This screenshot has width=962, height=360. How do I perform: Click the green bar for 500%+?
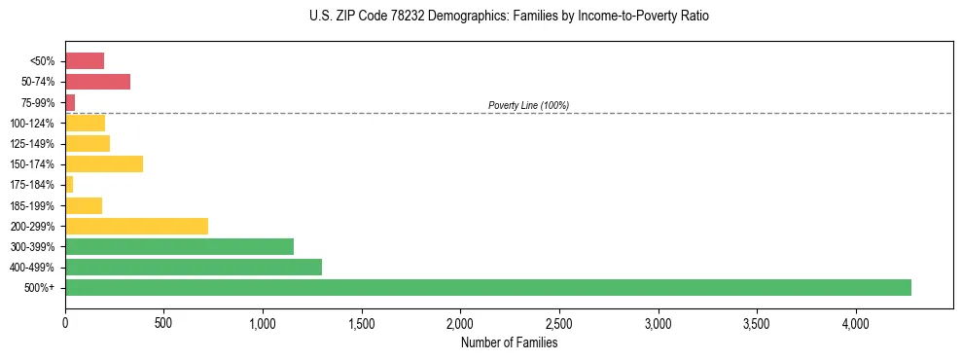pos(487,287)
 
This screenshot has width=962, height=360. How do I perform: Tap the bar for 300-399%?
pos(179,246)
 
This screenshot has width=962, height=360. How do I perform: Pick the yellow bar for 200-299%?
pos(136,226)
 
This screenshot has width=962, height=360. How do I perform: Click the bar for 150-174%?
pos(104,163)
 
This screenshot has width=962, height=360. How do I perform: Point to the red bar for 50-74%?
pos(97,82)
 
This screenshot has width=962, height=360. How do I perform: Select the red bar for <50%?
pos(85,61)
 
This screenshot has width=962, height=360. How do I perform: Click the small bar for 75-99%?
pos(70,102)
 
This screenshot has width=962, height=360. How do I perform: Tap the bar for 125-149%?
pos(88,143)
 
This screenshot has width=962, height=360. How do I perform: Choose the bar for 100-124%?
pos(85,123)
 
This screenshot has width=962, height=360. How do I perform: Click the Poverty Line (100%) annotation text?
pos(528,105)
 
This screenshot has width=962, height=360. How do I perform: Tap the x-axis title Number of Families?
pos(509,342)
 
